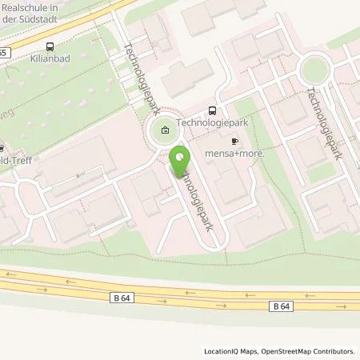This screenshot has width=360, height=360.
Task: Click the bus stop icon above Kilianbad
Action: (50, 46)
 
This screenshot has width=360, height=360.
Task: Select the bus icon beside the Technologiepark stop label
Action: (212, 112)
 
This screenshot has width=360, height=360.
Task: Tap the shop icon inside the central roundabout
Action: (165, 130)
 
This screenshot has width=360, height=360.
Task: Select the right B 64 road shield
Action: (281, 305)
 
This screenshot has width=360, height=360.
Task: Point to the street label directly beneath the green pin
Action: (196, 200)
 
